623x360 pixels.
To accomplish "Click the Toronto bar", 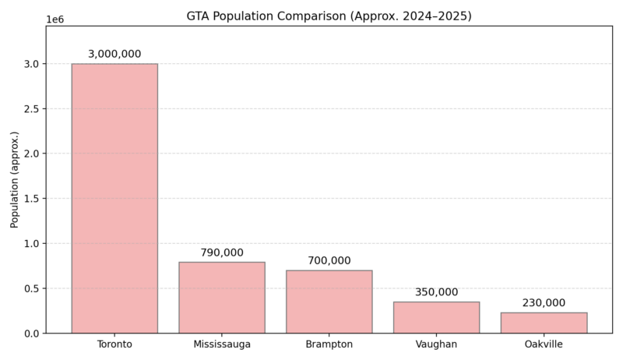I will pyautogui.click(x=114, y=199).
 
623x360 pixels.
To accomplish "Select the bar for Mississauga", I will pyautogui.click(x=222, y=298).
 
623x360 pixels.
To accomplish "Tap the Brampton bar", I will pyautogui.click(x=329, y=302).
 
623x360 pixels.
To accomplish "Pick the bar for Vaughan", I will pyautogui.click(x=436, y=317).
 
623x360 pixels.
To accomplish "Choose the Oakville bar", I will pyautogui.click(x=544, y=323).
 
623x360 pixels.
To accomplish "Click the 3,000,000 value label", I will pyautogui.click(x=114, y=55).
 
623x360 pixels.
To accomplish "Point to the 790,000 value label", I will pyautogui.click(x=222, y=253).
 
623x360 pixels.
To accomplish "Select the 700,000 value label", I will pyautogui.click(x=329, y=261).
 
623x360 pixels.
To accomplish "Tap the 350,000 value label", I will pyautogui.click(x=436, y=292).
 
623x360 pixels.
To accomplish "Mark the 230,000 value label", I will pyautogui.click(x=544, y=303).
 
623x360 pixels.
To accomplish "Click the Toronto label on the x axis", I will pyautogui.click(x=114, y=344).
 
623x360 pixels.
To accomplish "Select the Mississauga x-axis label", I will pyautogui.click(x=222, y=344).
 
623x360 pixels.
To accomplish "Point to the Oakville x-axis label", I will pyautogui.click(x=544, y=344).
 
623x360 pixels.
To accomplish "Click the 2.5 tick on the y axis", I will pyautogui.click(x=31, y=109).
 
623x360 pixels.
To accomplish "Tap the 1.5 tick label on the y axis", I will pyautogui.click(x=31, y=199).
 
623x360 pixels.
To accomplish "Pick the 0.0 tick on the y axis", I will pyautogui.click(x=31, y=334).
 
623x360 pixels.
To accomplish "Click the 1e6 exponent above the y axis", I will pyautogui.click(x=55, y=19).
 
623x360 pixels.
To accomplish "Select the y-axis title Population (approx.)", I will pyautogui.click(x=15, y=180).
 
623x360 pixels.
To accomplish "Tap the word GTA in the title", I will pyautogui.click(x=199, y=16).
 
